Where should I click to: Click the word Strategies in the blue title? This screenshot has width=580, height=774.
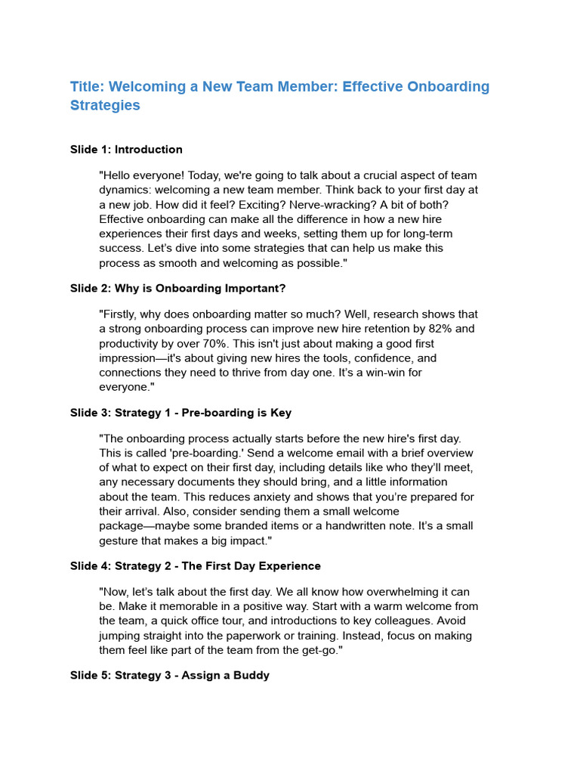[x=105, y=106]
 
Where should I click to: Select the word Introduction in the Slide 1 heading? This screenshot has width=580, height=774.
[x=149, y=150]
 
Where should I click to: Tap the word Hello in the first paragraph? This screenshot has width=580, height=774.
[x=119, y=175]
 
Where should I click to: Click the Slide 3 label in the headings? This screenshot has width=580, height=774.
[x=90, y=413]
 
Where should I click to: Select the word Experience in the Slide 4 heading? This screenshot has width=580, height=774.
[x=290, y=566]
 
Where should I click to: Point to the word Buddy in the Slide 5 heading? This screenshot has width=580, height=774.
[x=251, y=676]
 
